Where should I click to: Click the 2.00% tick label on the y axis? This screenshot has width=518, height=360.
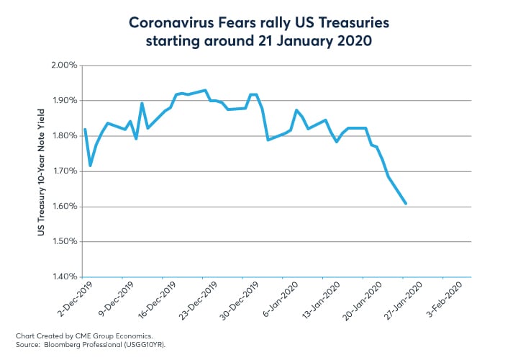pos(63,66)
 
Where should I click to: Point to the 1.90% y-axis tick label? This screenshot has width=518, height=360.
pos(63,101)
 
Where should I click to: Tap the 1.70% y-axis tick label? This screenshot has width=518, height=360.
pos(63,171)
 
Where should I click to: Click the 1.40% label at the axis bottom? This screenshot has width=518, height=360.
pos(63,276)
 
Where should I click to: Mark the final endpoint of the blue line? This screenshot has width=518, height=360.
pos(406,204)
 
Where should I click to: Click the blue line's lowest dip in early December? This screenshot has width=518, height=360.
pos(90,166)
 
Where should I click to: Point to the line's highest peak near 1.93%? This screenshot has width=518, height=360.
pos(205,91)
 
